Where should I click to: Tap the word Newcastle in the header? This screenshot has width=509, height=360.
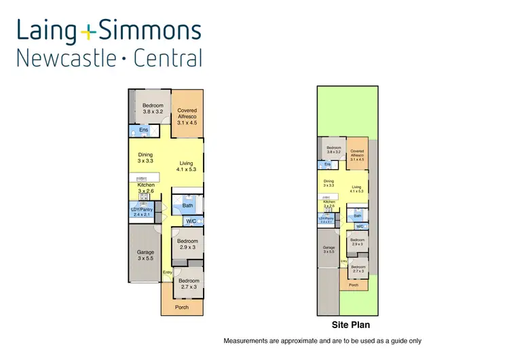[x=64, y=58]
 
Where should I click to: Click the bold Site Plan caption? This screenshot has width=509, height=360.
[x=350, y=325]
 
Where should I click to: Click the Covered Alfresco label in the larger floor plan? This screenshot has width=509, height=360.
[x=187, y=116]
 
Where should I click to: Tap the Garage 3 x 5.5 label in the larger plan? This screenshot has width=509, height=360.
[x=146, y=255]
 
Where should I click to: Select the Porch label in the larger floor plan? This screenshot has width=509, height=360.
[x=182, y=308]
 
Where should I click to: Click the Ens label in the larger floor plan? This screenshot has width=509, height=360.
[x=144, y=130]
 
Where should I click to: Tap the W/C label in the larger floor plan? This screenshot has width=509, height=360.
[x=191, y=221]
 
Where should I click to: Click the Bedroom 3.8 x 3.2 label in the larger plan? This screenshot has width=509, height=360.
[x=153, y=109]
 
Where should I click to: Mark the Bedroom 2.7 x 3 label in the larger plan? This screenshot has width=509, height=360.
[x=189, y=284]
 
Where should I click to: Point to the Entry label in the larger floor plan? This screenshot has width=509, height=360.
[x=167, y=273]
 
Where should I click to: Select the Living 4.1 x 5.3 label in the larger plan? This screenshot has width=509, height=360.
[x=187, y=166]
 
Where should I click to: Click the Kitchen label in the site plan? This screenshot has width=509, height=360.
[x=329, y=202]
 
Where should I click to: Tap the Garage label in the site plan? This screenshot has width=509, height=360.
[x=329, y=249]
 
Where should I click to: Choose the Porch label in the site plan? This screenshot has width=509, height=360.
[x=353, y=285]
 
